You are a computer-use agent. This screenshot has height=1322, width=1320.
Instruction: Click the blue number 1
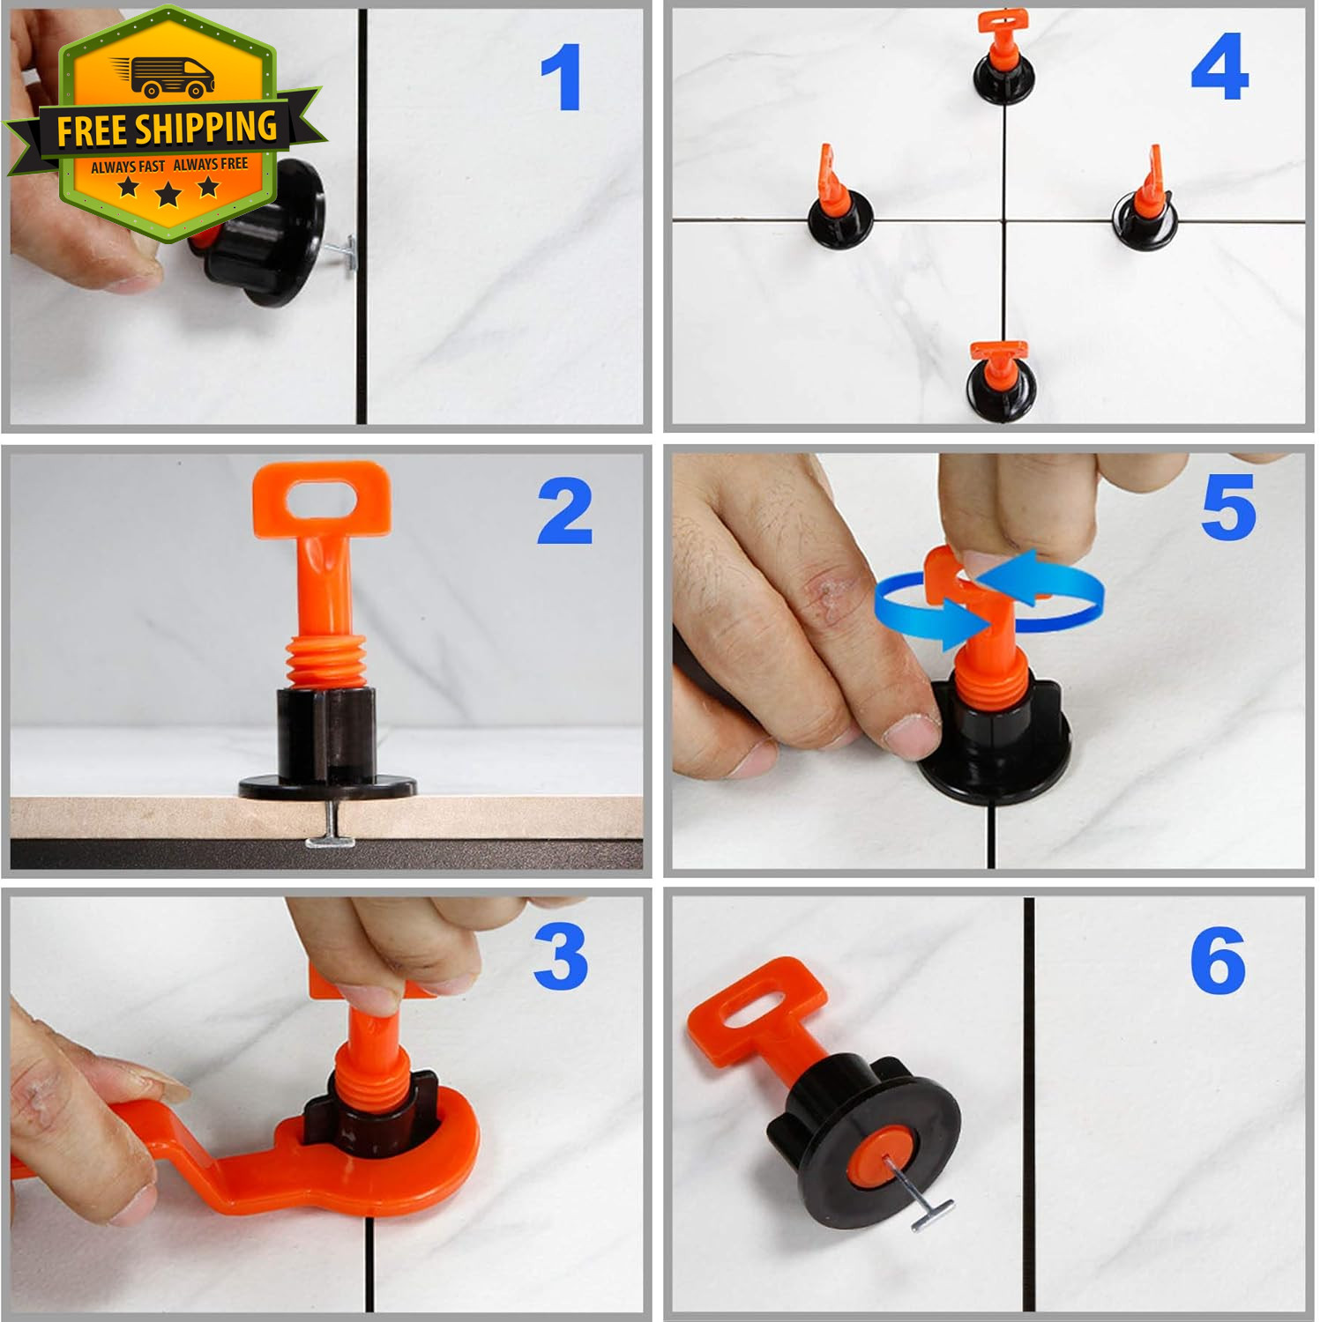(562, 78)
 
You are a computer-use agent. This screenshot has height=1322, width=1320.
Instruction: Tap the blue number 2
(564, 511)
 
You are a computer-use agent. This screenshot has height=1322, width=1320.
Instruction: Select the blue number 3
(561, 956)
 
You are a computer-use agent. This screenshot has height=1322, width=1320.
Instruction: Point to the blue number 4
(1219, 67)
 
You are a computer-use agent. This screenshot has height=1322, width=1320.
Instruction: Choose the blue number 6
(1218, 961)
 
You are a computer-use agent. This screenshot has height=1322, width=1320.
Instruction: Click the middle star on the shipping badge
(168, 193)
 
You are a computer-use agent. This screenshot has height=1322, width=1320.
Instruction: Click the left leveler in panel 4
(839, 201)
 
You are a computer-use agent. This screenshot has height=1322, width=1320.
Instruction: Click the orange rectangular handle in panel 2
(322, 500)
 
